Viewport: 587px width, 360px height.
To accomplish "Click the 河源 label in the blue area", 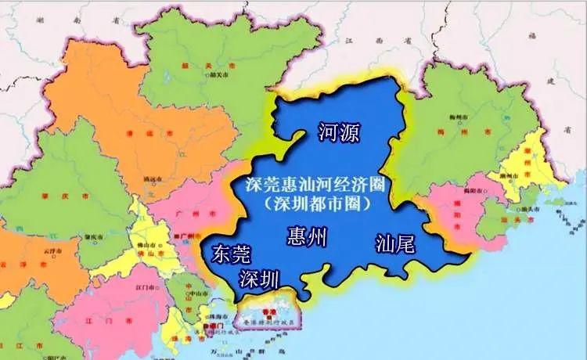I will click(x=339, y=132).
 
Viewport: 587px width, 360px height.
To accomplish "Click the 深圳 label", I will click(x=259, y=278).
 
